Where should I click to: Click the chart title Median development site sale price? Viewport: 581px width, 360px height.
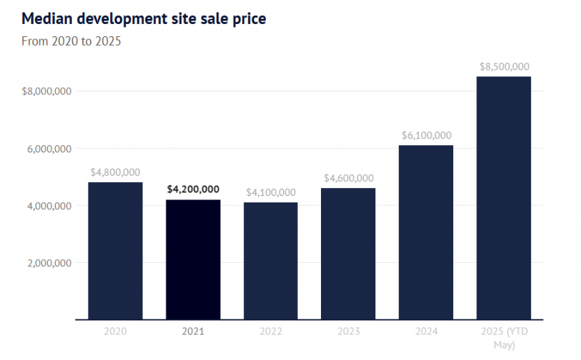coord(145,18)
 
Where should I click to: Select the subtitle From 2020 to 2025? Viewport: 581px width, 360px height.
coord(72,41)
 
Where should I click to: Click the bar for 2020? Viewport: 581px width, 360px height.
coord(115,250)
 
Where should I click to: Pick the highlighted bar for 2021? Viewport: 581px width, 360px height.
coord(193,259)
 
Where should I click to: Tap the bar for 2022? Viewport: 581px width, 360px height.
coord(271,261)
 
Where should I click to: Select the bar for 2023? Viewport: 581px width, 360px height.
coord(348,253)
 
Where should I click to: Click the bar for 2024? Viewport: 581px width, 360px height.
coord(426,232)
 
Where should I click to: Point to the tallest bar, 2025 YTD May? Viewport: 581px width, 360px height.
coord(503,197)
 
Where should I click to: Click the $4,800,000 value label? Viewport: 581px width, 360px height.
coord(115,173)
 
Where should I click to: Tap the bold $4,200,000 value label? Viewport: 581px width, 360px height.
coord(193,189)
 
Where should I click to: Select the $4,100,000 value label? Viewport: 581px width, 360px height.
coord(271,192)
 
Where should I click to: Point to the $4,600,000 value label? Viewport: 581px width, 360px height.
coord(348,179)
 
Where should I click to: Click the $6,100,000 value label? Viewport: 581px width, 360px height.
coord(426,135)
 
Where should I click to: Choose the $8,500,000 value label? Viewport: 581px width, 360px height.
coord(504,67)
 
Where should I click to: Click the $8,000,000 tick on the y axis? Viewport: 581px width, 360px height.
coord(46,91)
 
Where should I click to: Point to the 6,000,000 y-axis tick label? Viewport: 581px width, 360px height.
coord(49,149)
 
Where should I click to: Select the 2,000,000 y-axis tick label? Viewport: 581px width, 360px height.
coord(49,263)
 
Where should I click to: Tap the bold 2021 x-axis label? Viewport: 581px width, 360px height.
coord(193,332)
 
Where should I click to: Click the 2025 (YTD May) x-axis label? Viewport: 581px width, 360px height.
coord(503,337)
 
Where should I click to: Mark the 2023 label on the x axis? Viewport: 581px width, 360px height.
coord(348,332)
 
